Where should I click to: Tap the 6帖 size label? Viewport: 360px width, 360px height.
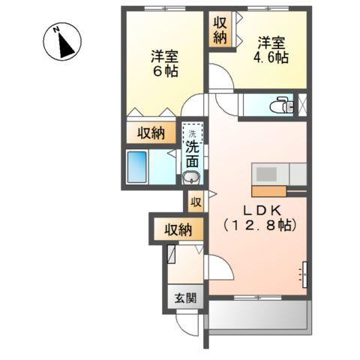click(163, 71)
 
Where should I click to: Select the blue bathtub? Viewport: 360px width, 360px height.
click(136, 166)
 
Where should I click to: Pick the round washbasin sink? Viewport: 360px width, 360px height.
click(192, 178)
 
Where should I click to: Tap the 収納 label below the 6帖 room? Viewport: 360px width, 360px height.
click(151, 133)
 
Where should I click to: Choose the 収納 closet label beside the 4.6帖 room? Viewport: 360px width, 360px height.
click(219, 30)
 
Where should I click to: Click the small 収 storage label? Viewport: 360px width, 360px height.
click(195, 201)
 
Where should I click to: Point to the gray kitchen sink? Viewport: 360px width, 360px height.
click(267, 173)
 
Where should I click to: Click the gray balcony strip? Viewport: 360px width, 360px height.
click(259, 315)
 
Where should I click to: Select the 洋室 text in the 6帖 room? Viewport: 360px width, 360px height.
click(163, 55)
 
